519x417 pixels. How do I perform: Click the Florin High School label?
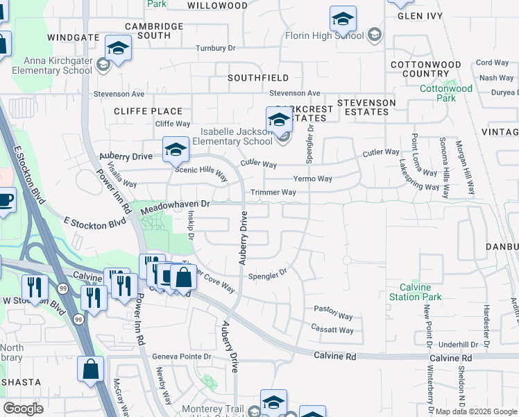point(324,35)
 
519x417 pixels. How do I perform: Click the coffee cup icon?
point(6,201)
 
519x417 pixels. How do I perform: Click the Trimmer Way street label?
point(273,193)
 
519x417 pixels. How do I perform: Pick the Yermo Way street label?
point(312,179)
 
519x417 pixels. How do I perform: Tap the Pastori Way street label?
point(330,308)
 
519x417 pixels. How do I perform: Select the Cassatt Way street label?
point(332,330)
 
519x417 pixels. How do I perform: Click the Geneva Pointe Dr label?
point(182,357)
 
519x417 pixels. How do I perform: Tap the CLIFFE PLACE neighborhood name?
point(148,111)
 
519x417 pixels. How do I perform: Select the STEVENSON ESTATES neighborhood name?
point(366,108)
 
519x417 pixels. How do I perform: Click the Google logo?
point(23,409)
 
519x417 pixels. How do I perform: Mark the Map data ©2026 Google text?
point(476,411)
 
